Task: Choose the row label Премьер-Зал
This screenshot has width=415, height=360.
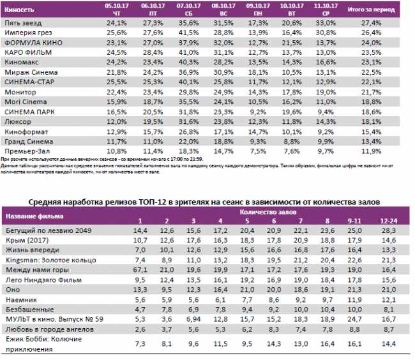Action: (x=27, y=151)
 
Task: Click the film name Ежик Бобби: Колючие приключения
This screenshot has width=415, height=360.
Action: (x=43, y=345)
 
